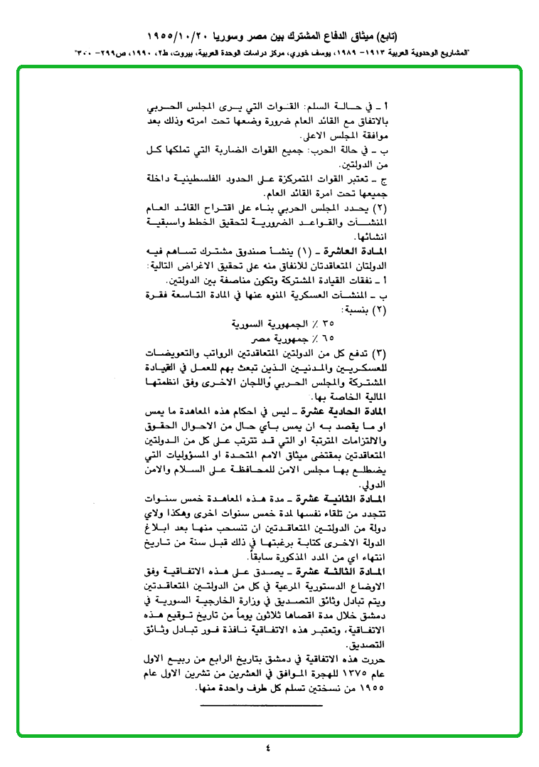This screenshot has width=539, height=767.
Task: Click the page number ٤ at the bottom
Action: pos(268,748)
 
